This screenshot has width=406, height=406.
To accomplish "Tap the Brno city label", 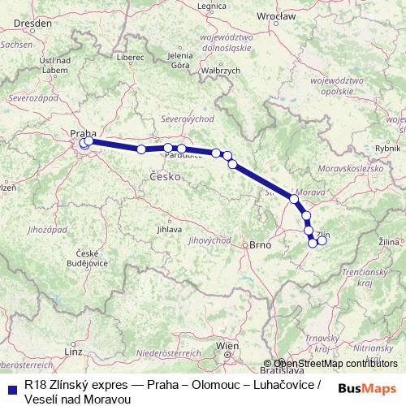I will click(x=259, y=244).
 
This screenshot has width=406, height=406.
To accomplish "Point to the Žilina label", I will click(x=389, y=241).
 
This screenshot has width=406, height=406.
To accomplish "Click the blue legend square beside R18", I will click(x=10, y=387).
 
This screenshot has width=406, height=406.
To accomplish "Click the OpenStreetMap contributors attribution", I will click(x=335, y=364).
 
